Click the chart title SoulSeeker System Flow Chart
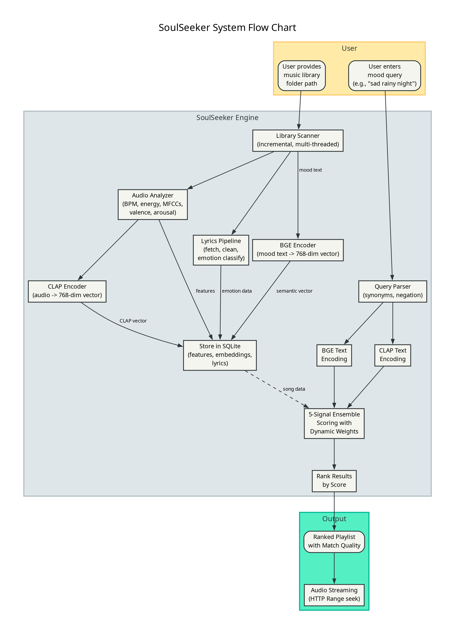pos(227,28)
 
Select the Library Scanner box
pos(298,140)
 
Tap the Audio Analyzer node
pos(153,204)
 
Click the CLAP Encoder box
pos(67,291)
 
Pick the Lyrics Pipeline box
pos(221,250)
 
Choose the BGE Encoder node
pos(298,250)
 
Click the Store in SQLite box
pos(220,355)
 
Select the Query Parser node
pos(393,291)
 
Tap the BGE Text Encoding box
pos(334,355)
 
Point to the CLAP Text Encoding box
pos(393,355)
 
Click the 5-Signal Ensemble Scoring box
pos(334,423)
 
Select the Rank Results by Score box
pos(334,481)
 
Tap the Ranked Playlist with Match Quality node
pos(334,541)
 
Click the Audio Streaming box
pos(334,595)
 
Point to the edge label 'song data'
pos(294,389)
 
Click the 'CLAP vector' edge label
pos(133,321)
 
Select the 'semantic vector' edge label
pos(294,291)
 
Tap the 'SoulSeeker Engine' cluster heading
pos(227,118)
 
